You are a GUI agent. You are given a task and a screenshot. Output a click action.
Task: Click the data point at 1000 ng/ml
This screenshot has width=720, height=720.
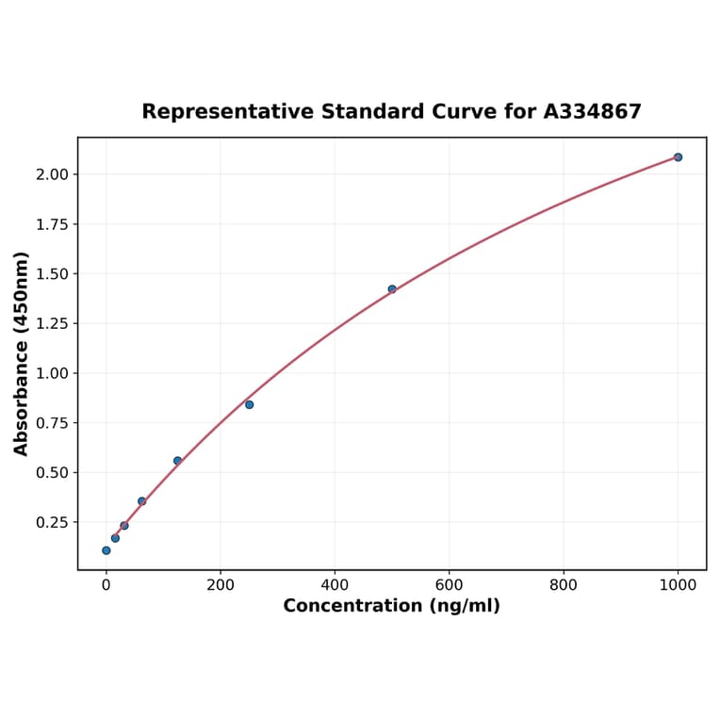(x=678, y=157)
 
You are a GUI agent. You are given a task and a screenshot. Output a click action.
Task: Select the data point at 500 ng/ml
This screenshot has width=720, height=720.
(x=392, y=289)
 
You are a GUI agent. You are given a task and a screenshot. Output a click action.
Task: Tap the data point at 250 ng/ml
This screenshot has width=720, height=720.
(x=249, y=404)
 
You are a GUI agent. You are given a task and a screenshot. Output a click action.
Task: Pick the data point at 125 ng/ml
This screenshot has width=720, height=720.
(x=177, y=461)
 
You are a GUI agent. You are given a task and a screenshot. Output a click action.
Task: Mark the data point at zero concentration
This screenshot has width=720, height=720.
(x=106, y=550)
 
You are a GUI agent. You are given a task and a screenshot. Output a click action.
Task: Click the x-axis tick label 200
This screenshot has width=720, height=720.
(x=221, y=584)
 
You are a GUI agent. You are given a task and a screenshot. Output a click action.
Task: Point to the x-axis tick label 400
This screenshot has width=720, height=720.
(x=335, y=584)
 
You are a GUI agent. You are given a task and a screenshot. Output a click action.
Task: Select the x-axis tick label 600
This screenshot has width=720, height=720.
(x=449, y=584)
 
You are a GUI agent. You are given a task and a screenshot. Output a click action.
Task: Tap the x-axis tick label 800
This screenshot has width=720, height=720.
(x=564, y=584)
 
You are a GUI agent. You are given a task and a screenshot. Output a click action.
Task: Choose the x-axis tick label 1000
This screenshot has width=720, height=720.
(x=678, y=584)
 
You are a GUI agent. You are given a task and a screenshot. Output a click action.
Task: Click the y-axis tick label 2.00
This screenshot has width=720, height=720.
(x=52, y=174)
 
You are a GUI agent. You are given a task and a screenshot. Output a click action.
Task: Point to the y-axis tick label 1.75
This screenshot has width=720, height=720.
(x=52, y=224)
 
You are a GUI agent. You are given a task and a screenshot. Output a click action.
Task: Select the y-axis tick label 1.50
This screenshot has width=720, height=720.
(x=52, y=274)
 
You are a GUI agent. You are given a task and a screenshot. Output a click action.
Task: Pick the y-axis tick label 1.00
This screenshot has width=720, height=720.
(x=52, y=373)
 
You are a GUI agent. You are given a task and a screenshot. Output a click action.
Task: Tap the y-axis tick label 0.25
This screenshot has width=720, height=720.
(x=52, y=522)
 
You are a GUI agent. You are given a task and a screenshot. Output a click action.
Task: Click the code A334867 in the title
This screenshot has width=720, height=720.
(x=593, y=112)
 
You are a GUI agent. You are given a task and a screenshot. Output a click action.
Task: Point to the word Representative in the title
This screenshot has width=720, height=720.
(x=226, y=112)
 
